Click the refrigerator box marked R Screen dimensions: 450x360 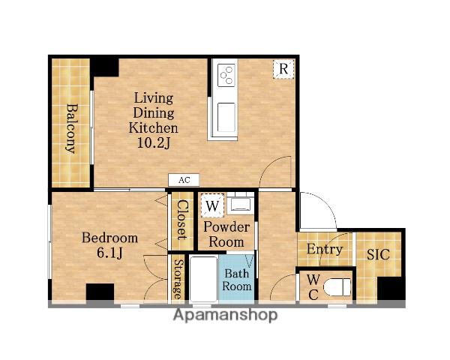point(283,69)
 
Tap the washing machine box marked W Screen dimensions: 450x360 point(212,205)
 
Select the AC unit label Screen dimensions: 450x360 point(184,180)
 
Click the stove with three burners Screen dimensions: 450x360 point(226,75)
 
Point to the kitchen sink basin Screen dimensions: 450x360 point(226,117)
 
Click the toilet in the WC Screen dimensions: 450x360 point(337,286)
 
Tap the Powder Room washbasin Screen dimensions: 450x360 point(241,205)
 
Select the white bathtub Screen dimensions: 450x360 point(203,279)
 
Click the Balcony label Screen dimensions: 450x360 point(72,128)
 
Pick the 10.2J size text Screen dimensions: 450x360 point(154,142)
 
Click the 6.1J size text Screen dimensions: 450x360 point(109,252)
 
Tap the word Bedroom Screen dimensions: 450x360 point(109,238)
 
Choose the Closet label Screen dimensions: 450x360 point(182,220)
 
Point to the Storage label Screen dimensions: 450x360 point(178,279)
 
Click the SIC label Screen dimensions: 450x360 point(378,254)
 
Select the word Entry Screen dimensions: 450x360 point(325,249)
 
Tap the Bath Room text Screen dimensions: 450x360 point(237,280)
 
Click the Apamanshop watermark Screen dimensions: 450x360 point(225,315)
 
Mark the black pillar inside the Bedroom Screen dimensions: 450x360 point(100,292)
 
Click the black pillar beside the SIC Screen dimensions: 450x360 point(391,289)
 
